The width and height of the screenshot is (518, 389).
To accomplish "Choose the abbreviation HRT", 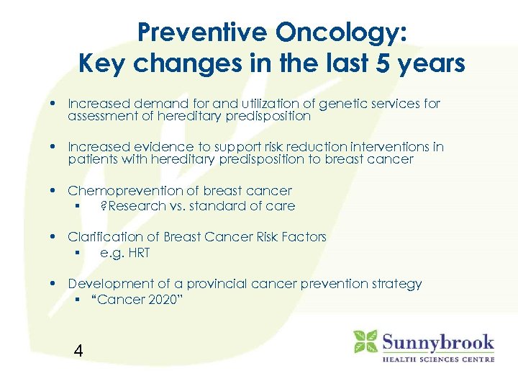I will click(136, 253).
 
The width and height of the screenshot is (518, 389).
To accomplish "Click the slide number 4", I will click(78, 351).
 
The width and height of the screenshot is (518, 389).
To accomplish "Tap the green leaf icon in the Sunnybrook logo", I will click(365, 341).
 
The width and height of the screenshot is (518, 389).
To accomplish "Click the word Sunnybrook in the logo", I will click(437, 341).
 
